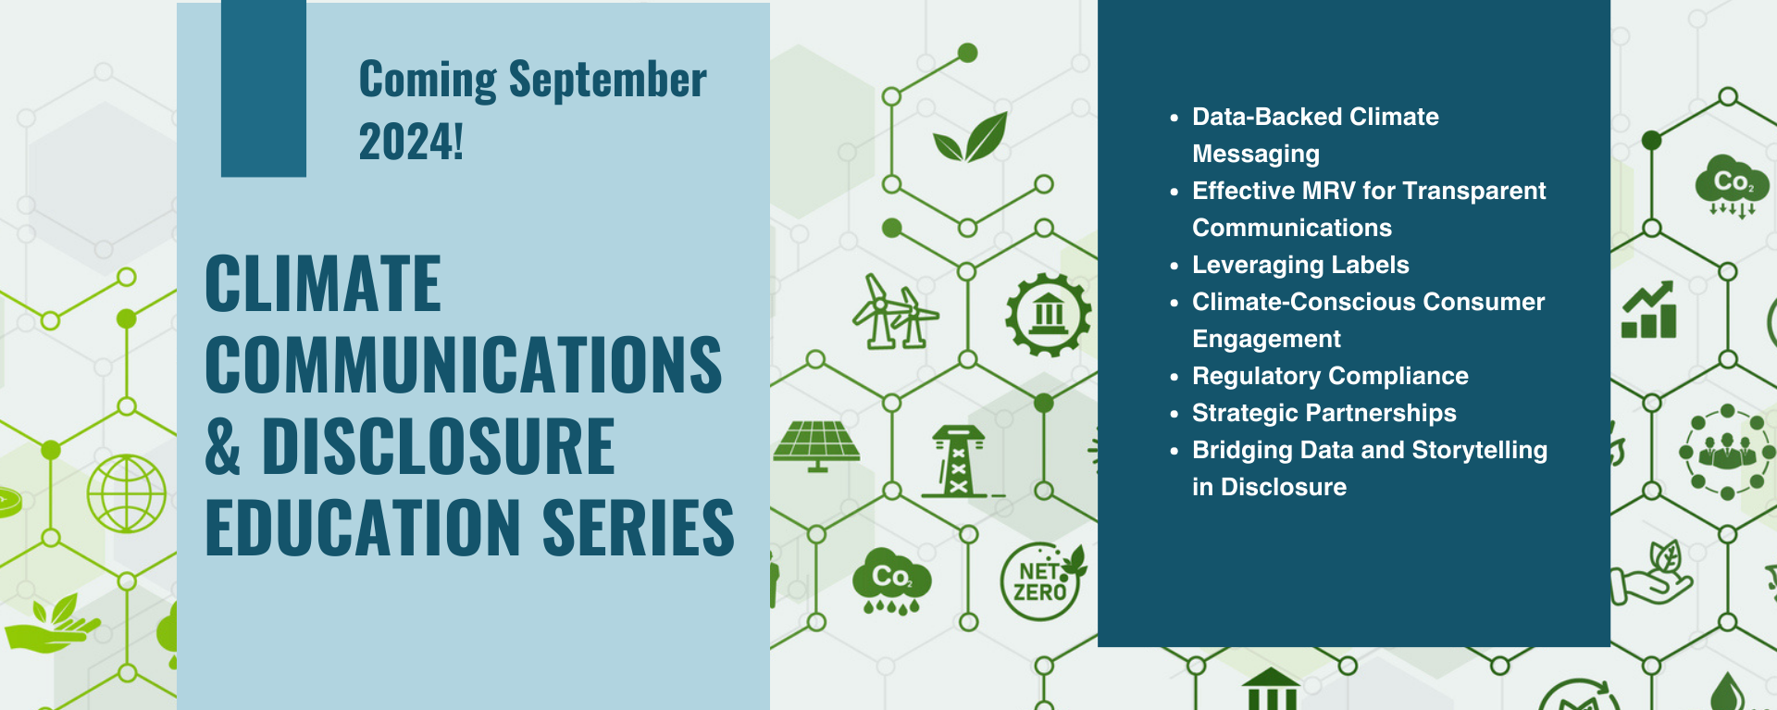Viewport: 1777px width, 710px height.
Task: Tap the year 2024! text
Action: point(411,143)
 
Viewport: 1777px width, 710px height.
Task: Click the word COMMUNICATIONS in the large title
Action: point(463,366)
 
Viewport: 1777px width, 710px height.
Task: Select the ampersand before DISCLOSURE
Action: point(223,447)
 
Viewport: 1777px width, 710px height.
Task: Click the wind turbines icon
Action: point(894,313)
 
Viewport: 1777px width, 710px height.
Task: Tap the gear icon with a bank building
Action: point(1048,315)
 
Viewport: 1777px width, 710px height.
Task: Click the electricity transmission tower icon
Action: point(959,461)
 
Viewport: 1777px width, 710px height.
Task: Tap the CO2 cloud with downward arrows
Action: point(1731,185)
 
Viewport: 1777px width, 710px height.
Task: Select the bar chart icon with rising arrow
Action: point(1649,311)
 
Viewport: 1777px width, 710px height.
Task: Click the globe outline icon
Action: point(127,493)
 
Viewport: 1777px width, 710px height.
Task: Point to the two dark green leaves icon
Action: point(970,139)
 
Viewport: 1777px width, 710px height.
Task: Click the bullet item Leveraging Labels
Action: point(1300,265)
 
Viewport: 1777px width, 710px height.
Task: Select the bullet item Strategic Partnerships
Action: point(1323,413)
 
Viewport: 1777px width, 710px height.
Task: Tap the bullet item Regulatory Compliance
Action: point(1330,376)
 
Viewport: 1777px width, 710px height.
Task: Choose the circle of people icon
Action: point(1726,452)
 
